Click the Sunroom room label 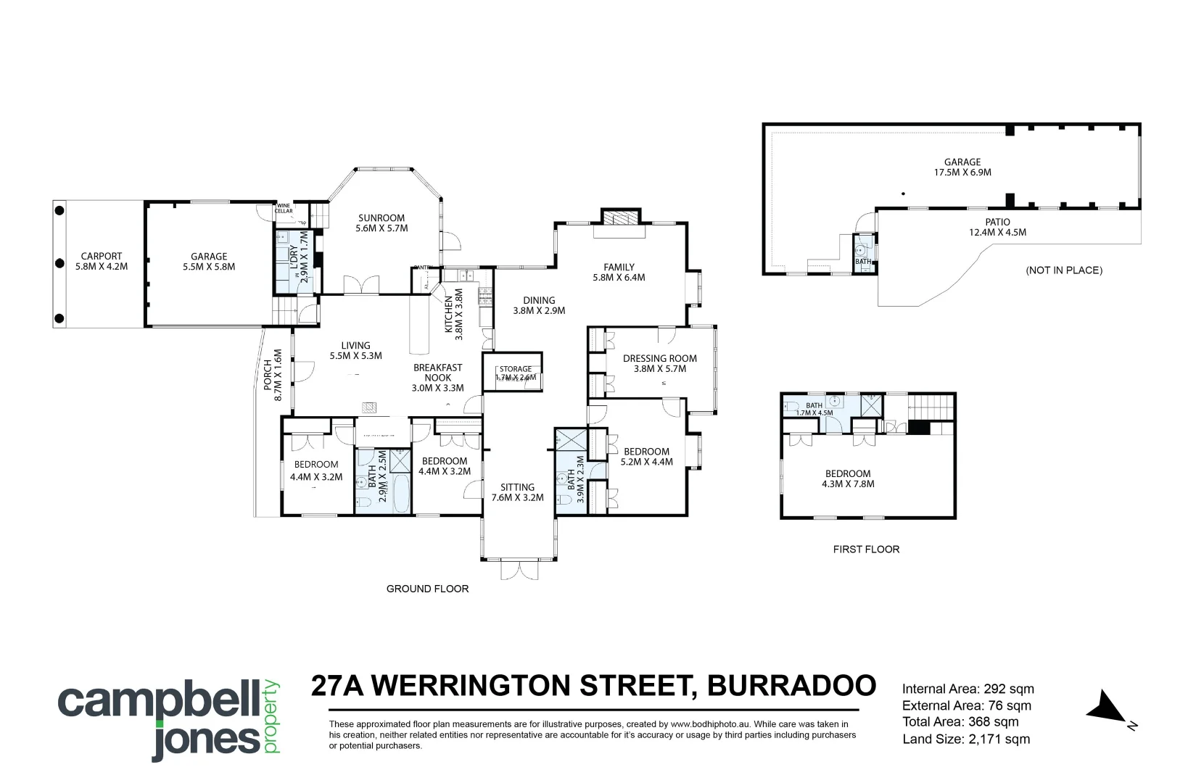[381, 217]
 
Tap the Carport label [102, 256]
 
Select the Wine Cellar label [284, 208]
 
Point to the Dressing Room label [659, 358]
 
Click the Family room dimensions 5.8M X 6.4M [619, 277]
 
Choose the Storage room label [515, 369]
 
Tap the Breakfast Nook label [437, 373]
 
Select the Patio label [998, 222]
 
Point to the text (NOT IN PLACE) [1064, 270]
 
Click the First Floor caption [866, 549]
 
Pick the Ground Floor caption [427, 589]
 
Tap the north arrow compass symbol [1107, 707]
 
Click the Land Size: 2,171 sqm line [966, 739]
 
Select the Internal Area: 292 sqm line [968, 689]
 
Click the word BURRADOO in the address [791, 685]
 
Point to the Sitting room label [517, 487]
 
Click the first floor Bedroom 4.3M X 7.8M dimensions [848, 484]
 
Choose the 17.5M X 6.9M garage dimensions [962, 173]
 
